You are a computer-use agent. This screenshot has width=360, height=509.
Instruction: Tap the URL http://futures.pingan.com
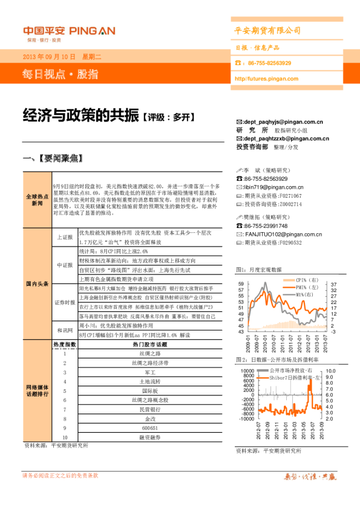point(266,79)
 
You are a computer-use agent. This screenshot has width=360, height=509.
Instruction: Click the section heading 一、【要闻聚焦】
point(51,159)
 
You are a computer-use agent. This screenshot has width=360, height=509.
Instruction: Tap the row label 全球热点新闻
point(38,201)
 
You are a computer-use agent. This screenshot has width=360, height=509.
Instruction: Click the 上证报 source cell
point(65,238)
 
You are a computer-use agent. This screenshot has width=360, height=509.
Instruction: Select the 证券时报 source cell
point(65,302)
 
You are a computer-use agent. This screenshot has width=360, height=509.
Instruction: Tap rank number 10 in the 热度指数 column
point(65,436)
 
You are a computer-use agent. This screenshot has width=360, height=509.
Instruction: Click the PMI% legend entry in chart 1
point(302,288)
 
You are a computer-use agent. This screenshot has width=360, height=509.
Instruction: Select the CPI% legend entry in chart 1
point(302,280)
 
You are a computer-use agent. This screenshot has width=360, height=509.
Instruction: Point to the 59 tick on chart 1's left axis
point(241,284)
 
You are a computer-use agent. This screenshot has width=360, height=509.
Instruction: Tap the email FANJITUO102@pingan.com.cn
point(281,234)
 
